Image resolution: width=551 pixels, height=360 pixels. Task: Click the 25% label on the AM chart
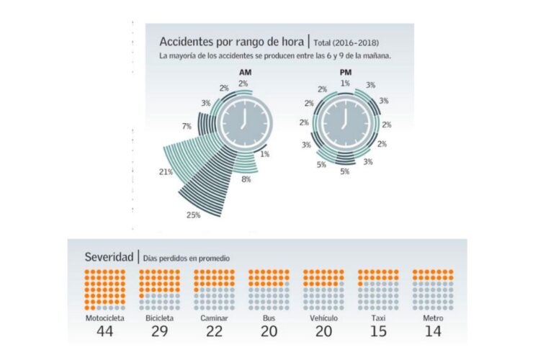[x=193, y=215]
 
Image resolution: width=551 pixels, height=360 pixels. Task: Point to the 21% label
[x=165, y=171]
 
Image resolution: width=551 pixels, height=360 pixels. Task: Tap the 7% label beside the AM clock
[x=187, y=126]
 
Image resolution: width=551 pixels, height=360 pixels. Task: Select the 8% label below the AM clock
[x=246, y=179]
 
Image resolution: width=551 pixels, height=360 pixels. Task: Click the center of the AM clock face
[x=246, y=119]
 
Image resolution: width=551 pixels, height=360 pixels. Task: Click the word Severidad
[x=108, y=256]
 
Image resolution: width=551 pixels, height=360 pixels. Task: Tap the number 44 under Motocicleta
[x=104, y=331]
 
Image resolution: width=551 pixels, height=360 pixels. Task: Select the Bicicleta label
[x=158, y=318]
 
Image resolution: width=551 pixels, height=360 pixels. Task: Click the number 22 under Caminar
[x=213, y=331]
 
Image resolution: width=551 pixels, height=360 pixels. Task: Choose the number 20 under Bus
[x=268, y=331]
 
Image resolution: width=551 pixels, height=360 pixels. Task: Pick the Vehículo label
[x=323, y=318]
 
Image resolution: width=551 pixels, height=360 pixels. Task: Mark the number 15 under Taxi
[x=377, y=331]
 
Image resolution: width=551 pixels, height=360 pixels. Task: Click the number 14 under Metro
[x=432, y=331]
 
